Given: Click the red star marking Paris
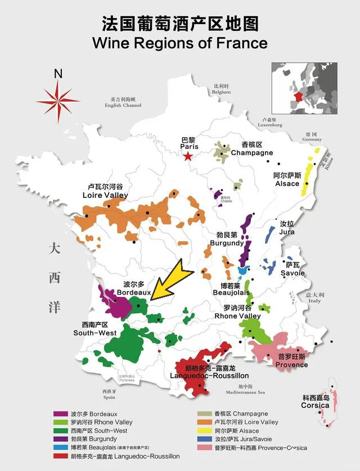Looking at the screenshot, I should pos(188,156).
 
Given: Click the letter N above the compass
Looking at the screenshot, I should pos(58,74).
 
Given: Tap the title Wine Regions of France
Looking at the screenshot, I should pos(179,43).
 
